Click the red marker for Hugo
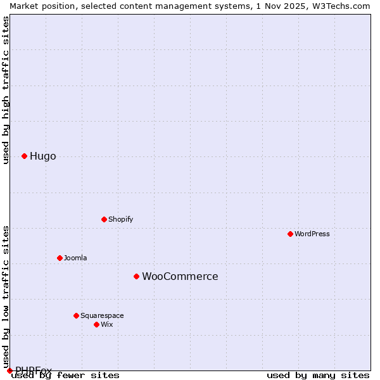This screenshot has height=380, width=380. point(24,156)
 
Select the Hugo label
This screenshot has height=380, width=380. point(42,156)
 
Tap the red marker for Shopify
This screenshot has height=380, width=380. point(104,219)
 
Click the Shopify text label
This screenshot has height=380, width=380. point(120,219)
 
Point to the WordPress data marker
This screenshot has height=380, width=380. point(290,234)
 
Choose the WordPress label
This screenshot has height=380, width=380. point(312,234)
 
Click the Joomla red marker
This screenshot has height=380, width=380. point(60,258)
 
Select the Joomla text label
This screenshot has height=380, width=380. point(75,258)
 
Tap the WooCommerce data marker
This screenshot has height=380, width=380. point(136,276)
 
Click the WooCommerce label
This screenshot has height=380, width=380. point(180,277)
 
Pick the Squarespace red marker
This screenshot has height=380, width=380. point(76,315)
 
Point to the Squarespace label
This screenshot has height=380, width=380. point(102,315)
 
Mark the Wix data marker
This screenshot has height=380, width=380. point(96,324)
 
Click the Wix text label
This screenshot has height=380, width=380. point(106,324)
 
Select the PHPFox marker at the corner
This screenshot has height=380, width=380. point(9,370)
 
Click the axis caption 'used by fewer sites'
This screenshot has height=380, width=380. point(65,375)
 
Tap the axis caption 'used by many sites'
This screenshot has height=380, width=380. point(318,375)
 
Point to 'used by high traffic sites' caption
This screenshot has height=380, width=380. point(6,90)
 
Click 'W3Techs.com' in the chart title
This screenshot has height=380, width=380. point(340,6)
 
